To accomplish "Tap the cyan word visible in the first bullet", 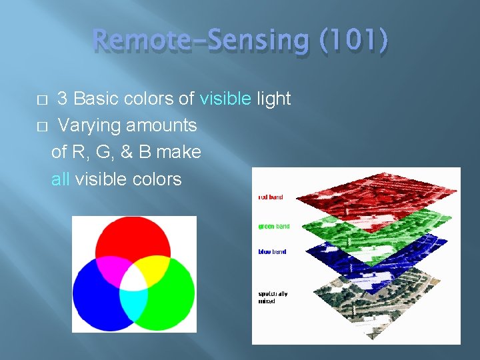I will [x=225, y=99].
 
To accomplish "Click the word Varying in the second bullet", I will [x=84, y=125].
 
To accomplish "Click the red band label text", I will [x=270, y=197].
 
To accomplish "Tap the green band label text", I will [x=273, y=227].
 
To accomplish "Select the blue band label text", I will [x=272, y=252].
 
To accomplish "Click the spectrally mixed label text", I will [x=273, y=297].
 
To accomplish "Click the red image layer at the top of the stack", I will [x=373, y=193].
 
